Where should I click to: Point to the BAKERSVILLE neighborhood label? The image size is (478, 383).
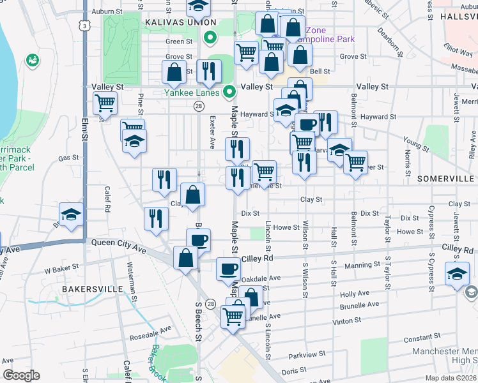[x=92, y=289]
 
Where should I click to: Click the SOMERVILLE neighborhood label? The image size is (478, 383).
[x=445, y=179]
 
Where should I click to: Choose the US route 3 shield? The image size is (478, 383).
[x=84, y=25]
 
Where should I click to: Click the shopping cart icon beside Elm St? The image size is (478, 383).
[x=105, y=102]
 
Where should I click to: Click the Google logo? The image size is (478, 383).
[x=21, y=375]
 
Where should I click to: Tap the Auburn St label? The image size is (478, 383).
[x=106, y=11]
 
